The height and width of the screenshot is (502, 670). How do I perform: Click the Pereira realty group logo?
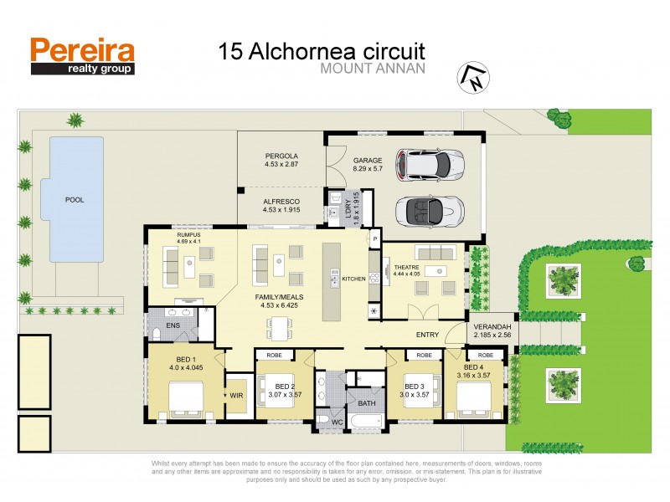82,56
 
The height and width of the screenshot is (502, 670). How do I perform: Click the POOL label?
75,201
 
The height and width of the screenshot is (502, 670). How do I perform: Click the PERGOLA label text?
281,156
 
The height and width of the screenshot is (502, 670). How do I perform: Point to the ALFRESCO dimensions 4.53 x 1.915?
281,210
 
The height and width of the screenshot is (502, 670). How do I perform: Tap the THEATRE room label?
406,268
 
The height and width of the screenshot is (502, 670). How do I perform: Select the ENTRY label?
428,335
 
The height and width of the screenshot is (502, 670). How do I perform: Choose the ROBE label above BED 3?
425,356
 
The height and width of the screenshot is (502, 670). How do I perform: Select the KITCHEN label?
353,279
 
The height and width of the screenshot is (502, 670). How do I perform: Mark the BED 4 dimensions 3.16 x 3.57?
474,376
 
